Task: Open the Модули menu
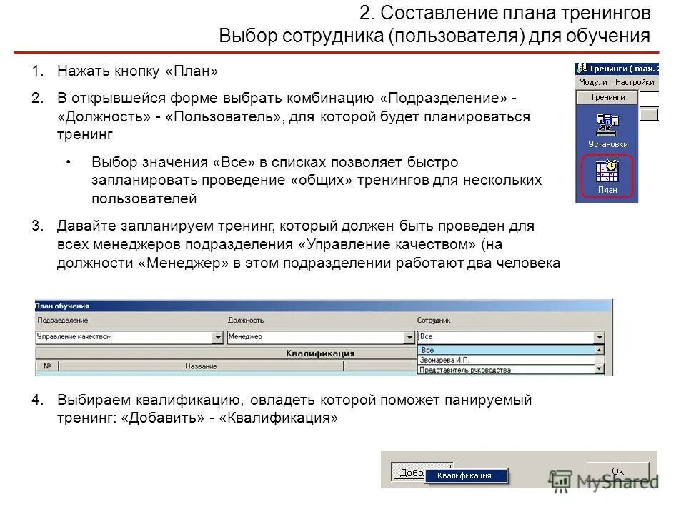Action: [592, 83]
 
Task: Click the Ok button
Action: [617, 471]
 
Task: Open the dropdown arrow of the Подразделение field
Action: [218, 337]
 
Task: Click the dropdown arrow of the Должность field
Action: [409, 337]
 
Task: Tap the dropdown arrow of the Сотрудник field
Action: [599, 337]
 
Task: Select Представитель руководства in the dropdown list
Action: [464, 370]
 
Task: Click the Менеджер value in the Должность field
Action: [247, 337]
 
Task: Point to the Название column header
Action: [201, 366]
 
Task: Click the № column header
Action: [47, 366]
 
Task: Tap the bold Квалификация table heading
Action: [320, 353]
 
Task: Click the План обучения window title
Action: [62, 306]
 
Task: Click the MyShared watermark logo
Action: [604, 482]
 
